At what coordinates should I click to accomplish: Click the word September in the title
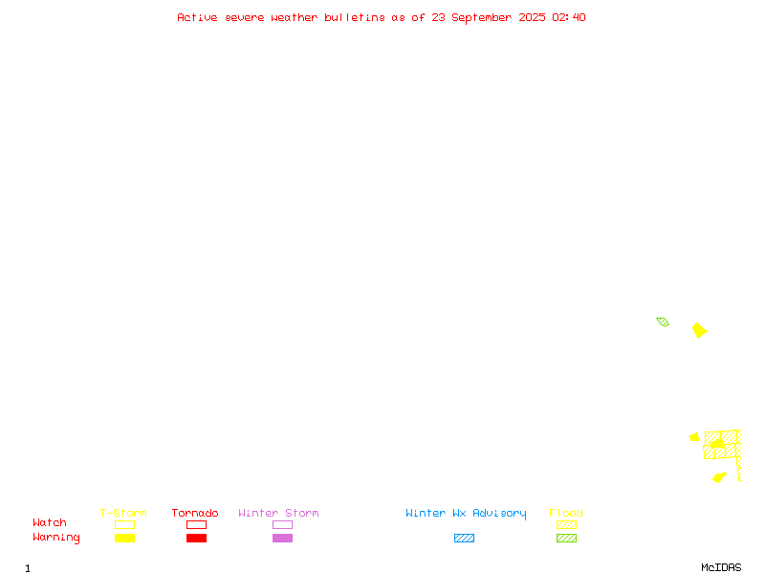pos(482,18)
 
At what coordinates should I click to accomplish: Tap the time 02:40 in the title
pos(569,17)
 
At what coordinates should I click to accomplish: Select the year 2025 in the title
pos(532,17)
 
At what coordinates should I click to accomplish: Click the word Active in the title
pos(197,17)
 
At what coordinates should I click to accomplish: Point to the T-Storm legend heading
pos(123,513)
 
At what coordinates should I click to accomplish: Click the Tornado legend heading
pos(195,513)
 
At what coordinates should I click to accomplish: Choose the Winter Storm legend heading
pos(278,513)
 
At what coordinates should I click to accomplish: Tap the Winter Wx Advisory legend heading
pos(466,514)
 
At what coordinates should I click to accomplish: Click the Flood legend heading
pos(566,513)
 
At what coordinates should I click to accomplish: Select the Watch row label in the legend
pos(50,522)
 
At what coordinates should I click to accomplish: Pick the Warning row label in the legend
pos(56,538)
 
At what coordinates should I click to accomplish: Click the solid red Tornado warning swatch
pos(197,538)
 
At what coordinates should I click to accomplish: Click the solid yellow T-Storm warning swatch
pos(125,538)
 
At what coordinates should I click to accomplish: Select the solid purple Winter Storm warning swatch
pos(282,538)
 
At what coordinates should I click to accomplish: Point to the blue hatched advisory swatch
pos(464,538)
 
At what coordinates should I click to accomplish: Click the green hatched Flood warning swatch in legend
pos(566,538)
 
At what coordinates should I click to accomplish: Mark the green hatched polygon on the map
pos(663,321)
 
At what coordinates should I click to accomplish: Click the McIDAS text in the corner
pos(721,567)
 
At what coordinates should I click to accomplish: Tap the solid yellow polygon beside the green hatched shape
pos(699,330)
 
